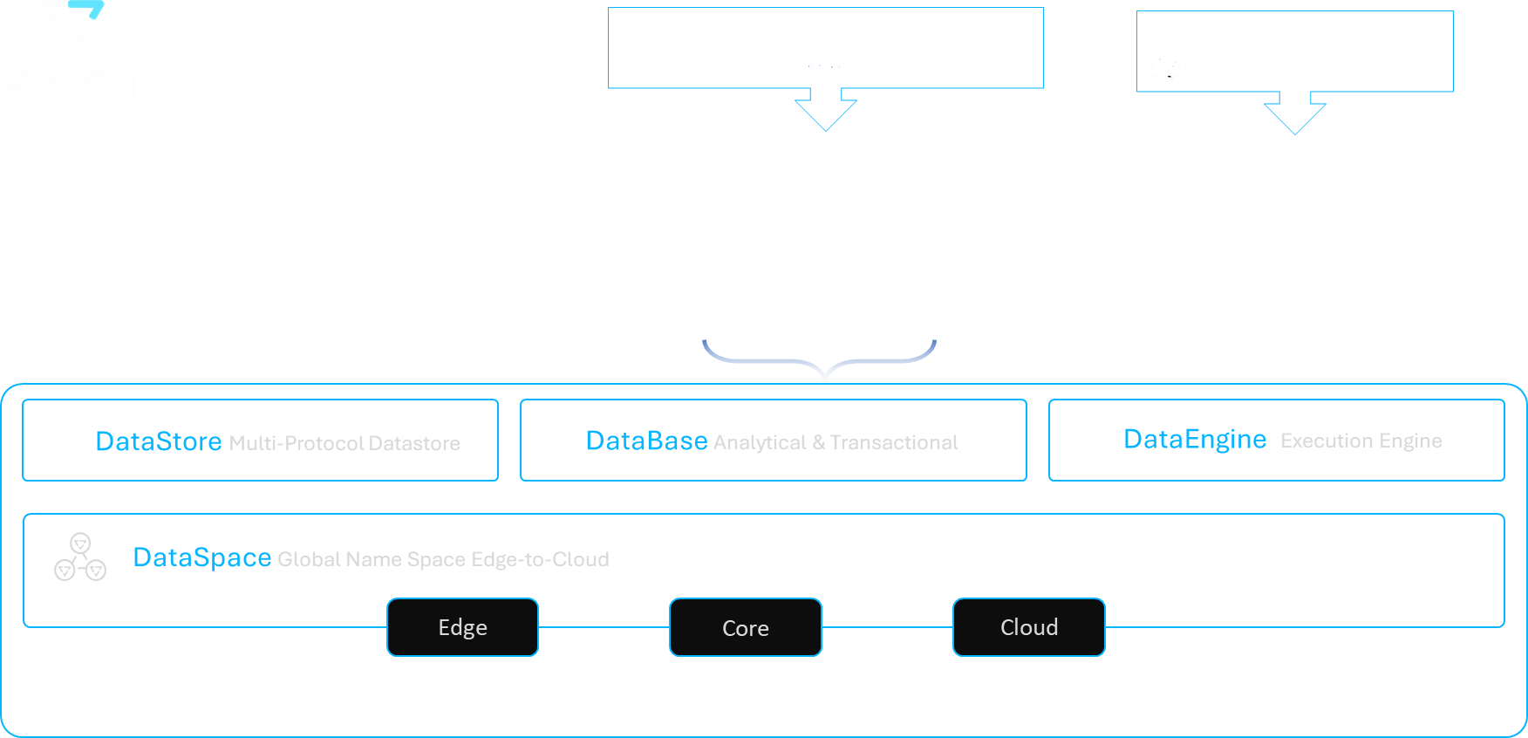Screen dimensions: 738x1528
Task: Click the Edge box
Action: pyautogui.click(x=462, y=627)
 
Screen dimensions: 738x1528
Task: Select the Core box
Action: pyautogui.click(x=745, y=627)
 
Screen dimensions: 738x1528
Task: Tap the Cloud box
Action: pyautogui.click(x=1028, y=627)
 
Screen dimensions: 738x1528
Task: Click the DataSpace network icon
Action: pyautogui.click(x=80, y=557)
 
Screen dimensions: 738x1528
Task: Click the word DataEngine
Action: pyautogui.click(x=1194, y=439)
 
